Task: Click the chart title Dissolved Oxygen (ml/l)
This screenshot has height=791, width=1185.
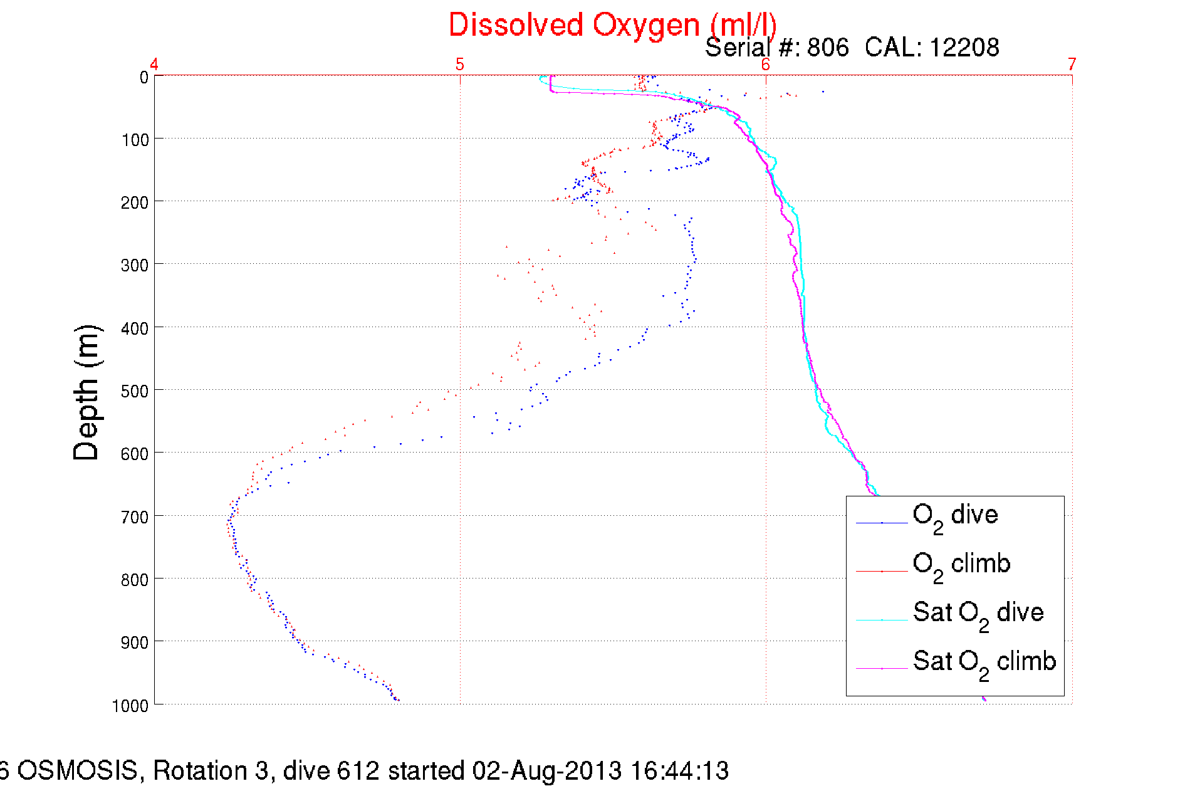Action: (612, 25)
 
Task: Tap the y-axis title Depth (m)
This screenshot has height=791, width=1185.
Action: (86, 393)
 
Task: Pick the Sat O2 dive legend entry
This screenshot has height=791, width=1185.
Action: (978, 614)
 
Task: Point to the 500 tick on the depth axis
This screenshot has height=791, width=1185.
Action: (135, 391)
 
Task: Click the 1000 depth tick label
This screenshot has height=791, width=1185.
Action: (130, 706)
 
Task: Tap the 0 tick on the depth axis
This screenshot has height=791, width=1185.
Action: (144, 78)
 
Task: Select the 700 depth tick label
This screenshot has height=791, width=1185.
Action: (135, 517)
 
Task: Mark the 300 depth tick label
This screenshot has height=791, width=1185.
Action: (135, 265)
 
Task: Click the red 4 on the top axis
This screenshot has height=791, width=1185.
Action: (154, 64)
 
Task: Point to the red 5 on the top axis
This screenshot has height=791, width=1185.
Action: (460, 64)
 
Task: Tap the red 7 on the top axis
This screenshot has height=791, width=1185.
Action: (1072, 64)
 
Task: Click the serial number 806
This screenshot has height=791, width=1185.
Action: (828, 48)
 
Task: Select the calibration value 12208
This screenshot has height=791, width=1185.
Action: (964, 48)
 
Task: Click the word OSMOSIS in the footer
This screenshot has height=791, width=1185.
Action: (77, 770)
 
